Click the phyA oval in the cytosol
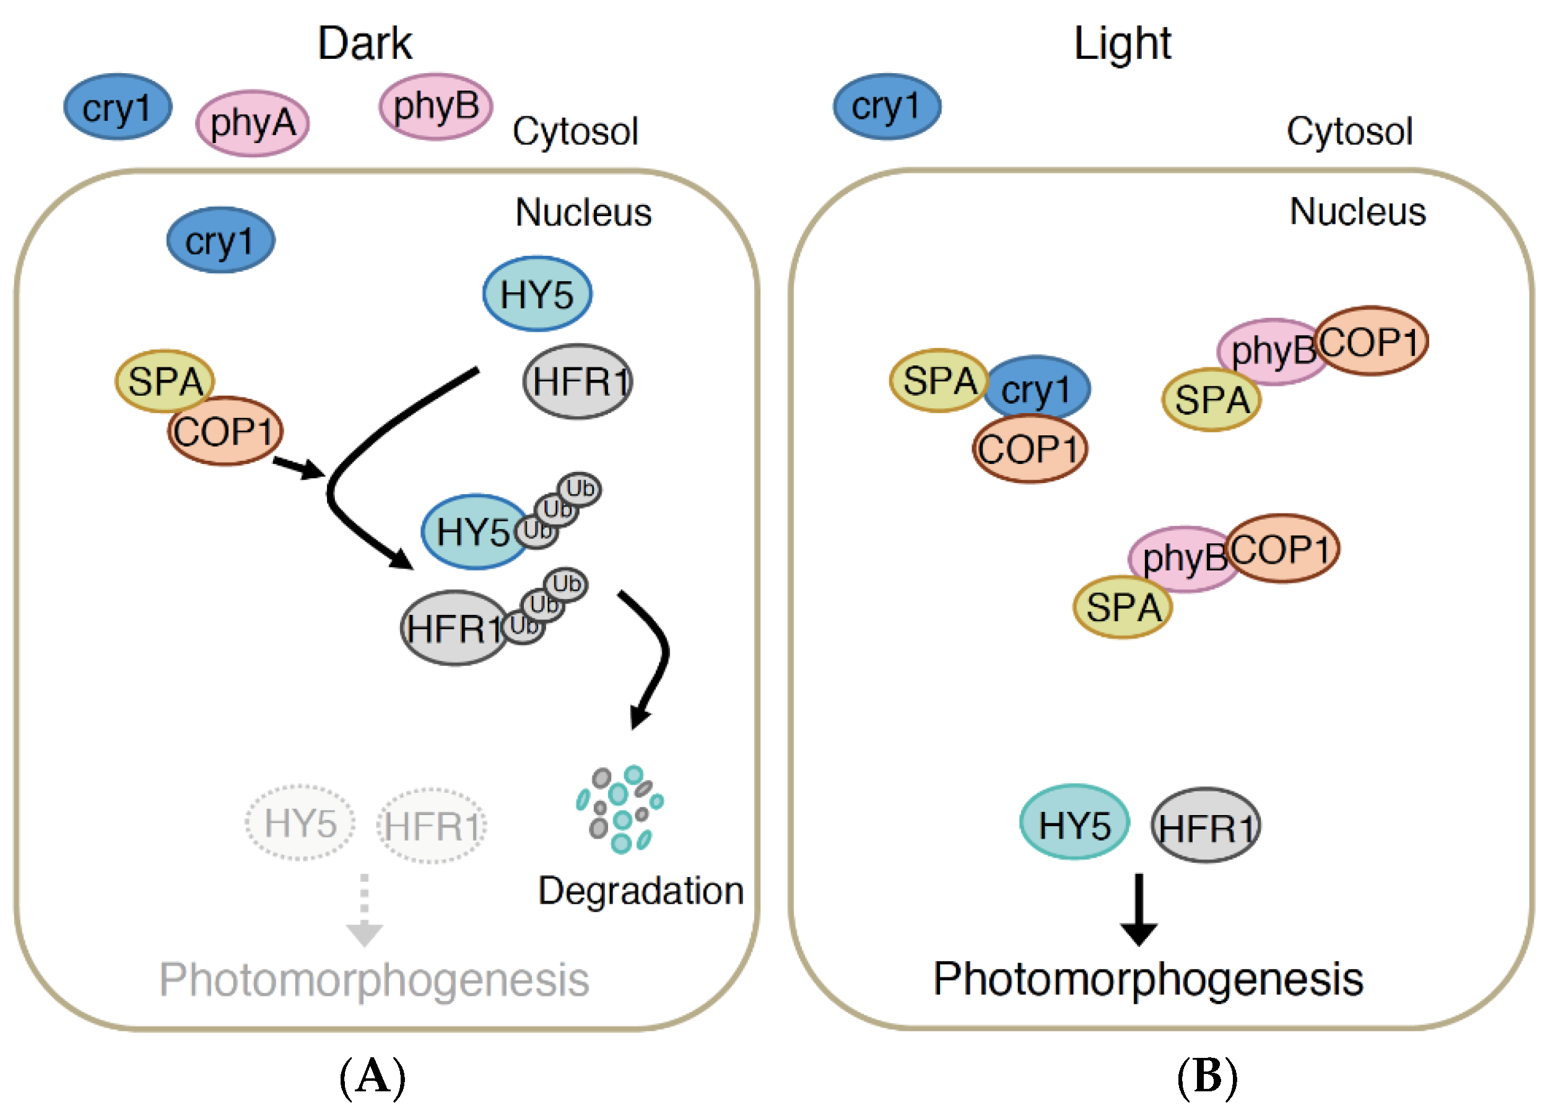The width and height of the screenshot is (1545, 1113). [252, 123]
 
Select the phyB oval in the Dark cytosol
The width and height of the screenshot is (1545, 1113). [436, 107]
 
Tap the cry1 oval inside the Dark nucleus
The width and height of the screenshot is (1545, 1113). [220, 240]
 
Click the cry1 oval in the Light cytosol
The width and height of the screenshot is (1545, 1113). [887, 107]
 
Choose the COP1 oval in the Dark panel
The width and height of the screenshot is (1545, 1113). [225, 432]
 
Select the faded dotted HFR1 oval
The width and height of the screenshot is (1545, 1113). [432, 826]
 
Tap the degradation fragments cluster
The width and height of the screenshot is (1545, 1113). [619, 810]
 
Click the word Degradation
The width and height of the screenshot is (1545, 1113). [640, 891]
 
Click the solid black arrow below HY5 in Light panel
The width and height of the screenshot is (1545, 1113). [1139, 909]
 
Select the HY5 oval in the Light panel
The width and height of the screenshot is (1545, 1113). [1074, 822]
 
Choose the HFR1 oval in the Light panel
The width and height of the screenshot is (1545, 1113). [1206, 826]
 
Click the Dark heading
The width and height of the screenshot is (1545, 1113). [365, 43]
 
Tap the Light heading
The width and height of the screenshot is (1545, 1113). [1122, 43]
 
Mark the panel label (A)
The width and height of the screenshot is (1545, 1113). [372, 1077]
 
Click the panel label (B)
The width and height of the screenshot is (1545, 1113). [1206, 1077]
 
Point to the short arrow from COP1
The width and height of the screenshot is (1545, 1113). [298, 467]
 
